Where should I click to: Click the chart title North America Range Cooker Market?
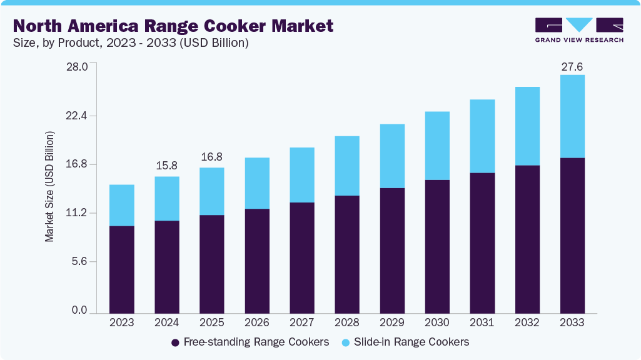click(x=173, y=26)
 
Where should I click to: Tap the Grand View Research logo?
click(x=578, y=30)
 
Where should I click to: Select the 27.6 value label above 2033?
click(x=572, y=66)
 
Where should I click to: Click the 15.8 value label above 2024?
click(x=167, y=166)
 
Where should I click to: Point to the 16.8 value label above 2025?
click(x=212, y=157)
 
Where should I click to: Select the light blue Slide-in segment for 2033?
click(x=572, y=116)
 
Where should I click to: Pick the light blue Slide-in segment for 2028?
click(x=347, y=166)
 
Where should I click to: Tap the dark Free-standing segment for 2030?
click(x=437, y=246)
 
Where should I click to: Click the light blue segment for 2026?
click(x=257, y=183)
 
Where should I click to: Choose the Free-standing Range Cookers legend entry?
click(x=250, y=342)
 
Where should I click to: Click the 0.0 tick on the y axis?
click(x=79, y=311)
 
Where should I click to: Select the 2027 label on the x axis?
click(x=302, y=323)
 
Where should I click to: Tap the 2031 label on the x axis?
click(x=482, y=323)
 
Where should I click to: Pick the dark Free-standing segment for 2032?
click(x=527, y=239)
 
